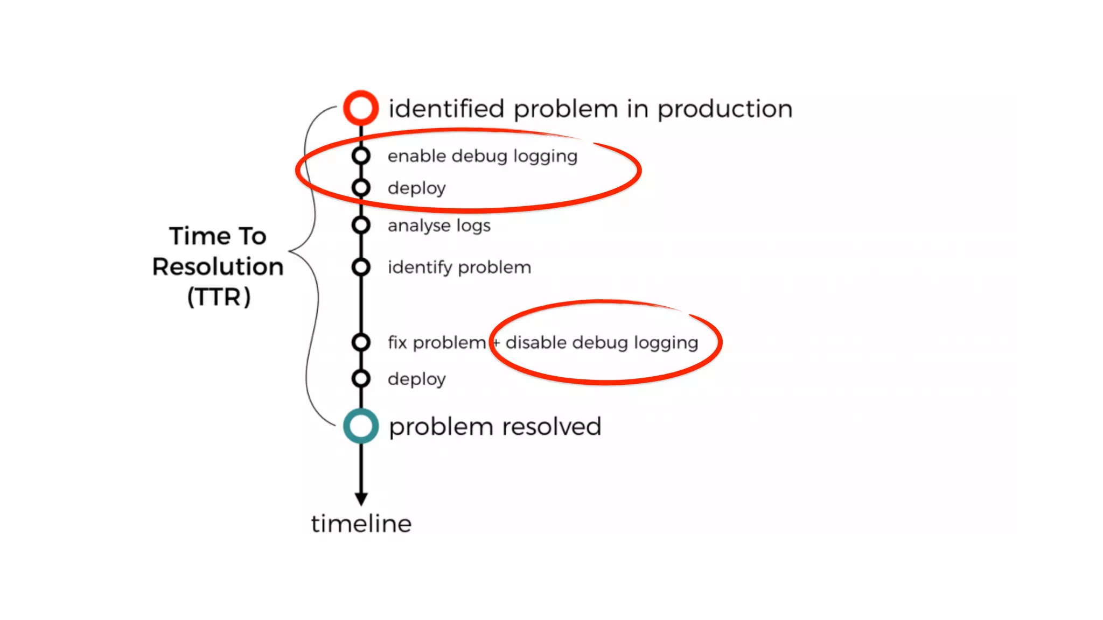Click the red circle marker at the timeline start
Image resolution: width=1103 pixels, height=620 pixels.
[x=361, y=108]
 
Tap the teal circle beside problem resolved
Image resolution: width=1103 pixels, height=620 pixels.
[x=361, y=426]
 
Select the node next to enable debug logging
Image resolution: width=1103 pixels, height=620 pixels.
[x=361, y=156]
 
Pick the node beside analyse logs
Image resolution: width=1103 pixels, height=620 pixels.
[x=361, y=225]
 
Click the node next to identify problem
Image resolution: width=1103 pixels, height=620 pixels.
[x=361, y=267]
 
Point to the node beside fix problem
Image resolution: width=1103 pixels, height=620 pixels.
[x=361, y=342]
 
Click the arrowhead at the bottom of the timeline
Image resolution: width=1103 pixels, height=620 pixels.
[x=361, y=499]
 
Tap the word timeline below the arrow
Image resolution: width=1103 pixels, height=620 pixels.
[x=361, y=524]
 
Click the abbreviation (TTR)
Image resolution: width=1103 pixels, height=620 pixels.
[x=219, y=297]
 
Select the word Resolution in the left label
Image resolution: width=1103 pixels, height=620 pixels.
[x=218, y=267]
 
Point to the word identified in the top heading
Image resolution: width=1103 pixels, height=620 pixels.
[x=446, y=109]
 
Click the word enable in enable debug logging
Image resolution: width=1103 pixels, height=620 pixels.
[x=416, y=156]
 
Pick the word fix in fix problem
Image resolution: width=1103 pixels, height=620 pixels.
[x=397, y=342]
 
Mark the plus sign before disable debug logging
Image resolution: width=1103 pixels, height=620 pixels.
[x=496, y=342]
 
